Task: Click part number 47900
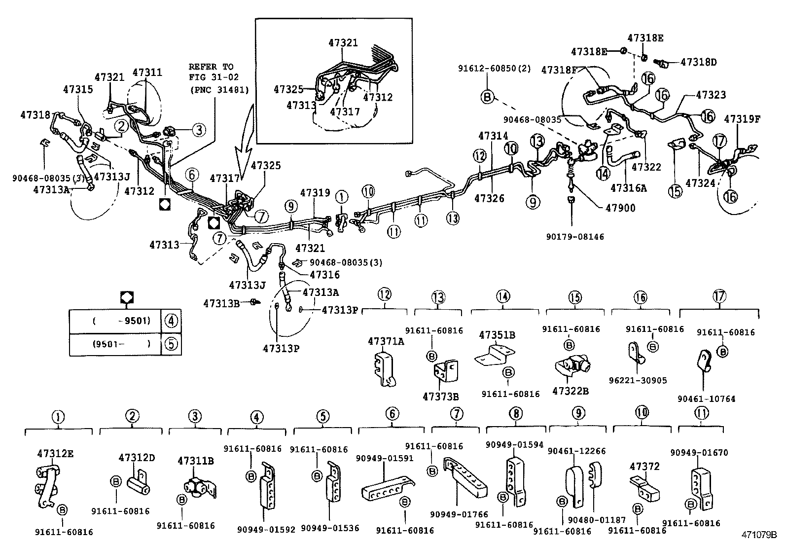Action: (x=620, y=209)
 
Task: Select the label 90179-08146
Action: (x=574, y=237)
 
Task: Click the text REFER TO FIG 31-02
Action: (x=211, y=72)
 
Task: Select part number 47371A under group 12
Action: (x=386, y=341)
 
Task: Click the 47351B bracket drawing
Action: (x=495, y=356)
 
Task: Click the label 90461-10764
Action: (x=706, y=398)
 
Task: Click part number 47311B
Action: (x=195, y=461)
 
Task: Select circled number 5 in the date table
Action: (x=171, y=344)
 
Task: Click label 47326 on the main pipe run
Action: (x=489, y=199)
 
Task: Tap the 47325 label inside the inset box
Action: (x=288, y=89)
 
